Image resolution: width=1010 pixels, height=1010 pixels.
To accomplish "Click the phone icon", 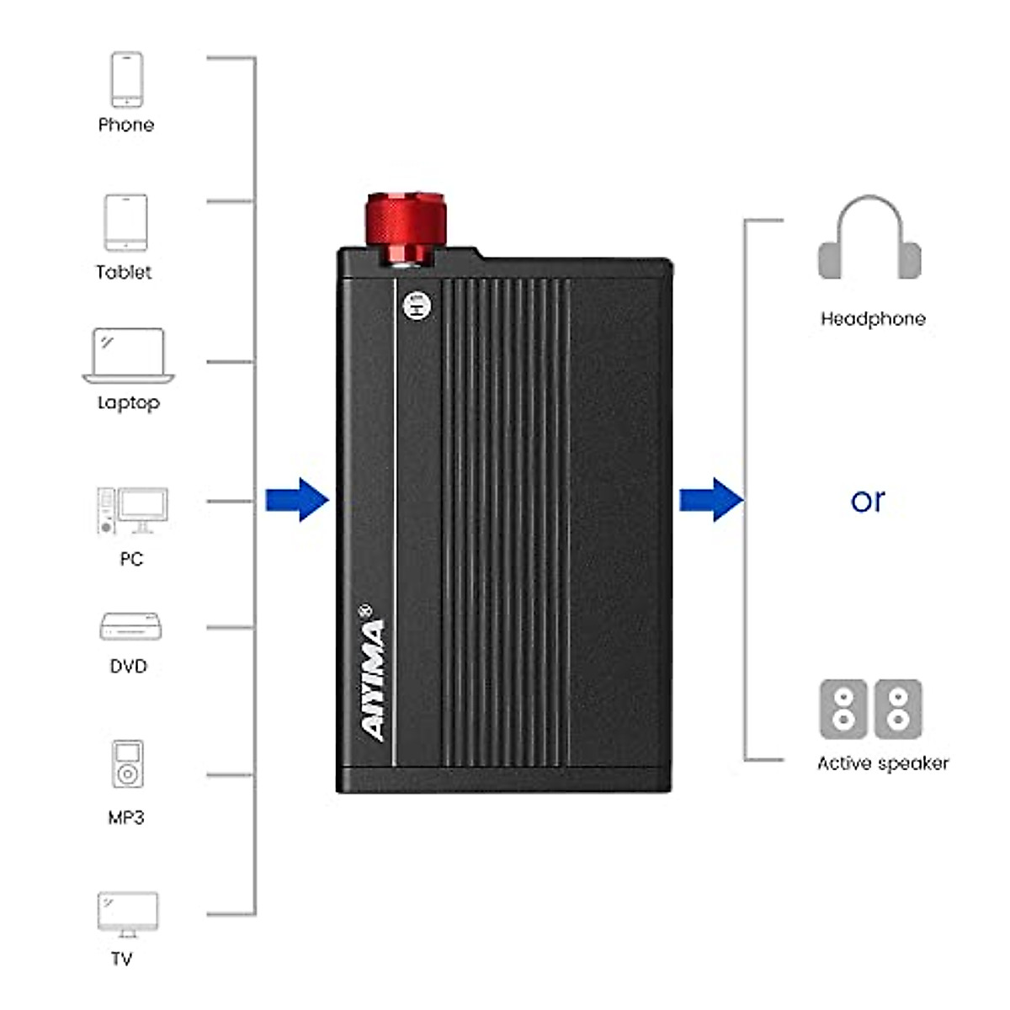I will (x=126, y=79).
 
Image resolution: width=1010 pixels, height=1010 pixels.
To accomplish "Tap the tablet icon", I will (x=125, y=222).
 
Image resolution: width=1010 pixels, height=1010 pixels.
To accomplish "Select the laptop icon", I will (x=129, y=356).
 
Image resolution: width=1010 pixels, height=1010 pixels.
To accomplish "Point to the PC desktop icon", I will (x=132, y=511).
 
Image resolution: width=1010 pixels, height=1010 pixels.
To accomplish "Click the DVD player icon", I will (x=130, y=627).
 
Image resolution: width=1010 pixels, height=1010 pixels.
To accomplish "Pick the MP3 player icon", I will (x=127, y=764).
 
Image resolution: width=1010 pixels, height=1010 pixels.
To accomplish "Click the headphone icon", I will (x=869, y=240).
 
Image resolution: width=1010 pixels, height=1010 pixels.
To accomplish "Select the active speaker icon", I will (x=870, y=710).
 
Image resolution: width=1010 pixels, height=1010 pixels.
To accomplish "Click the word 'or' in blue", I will (x=868, y=501).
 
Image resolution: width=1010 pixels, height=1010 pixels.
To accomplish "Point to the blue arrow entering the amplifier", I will (x=296, y=500).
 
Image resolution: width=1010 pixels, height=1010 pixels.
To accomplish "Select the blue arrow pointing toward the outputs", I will (x=711, y=500).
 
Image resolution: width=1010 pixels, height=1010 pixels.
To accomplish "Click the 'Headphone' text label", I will (x=873, y=319).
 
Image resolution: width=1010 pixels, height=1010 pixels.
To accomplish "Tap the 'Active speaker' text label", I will (x=882, y=763).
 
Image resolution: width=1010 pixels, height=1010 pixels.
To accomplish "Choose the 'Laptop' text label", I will (x=128, y=402).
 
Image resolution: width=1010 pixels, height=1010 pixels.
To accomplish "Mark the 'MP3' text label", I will (x=126, y=817).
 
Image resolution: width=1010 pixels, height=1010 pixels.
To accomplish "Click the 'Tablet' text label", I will (x=124, y=272).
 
